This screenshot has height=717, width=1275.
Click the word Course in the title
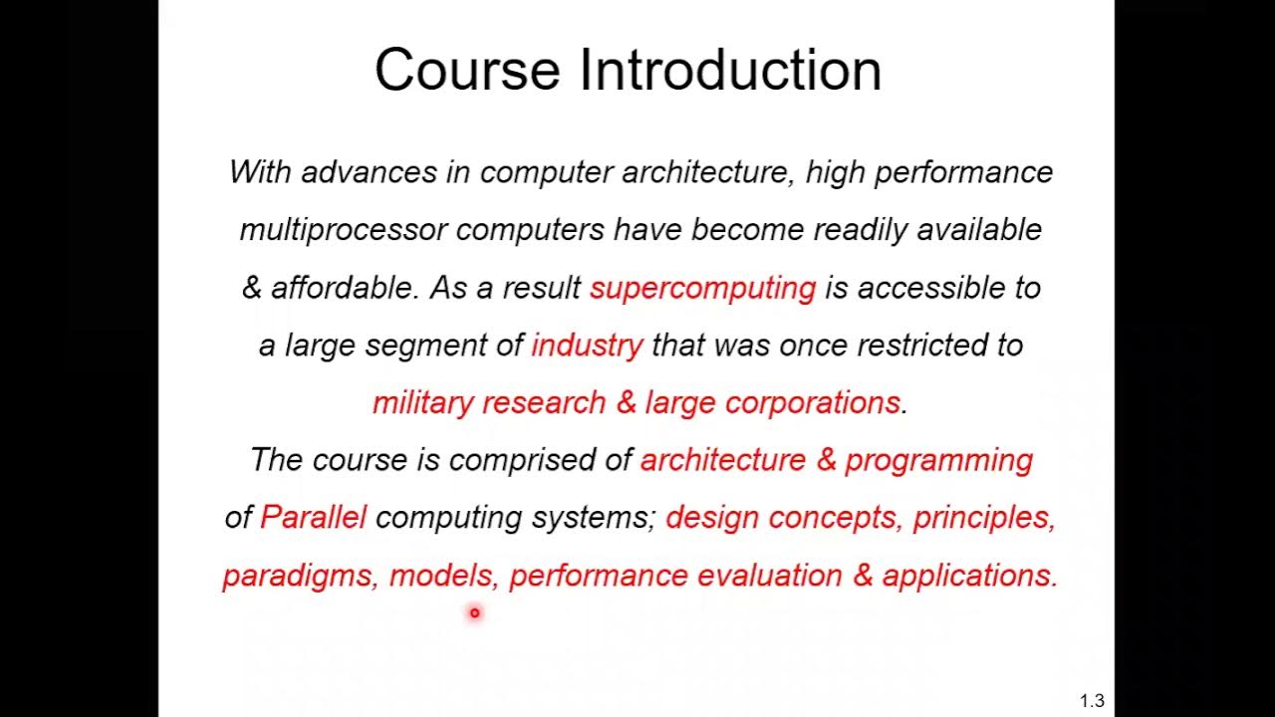coord(466,71)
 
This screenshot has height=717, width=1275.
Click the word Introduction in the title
coord(730,71)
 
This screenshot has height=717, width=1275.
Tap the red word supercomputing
coord(702,288)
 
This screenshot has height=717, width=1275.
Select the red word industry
coord(587,346)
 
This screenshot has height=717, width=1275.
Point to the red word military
coord(422,402)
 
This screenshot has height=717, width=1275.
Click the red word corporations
coord(813,402)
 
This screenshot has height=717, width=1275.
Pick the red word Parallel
coord(313,517)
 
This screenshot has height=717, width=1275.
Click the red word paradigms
coord(296,576)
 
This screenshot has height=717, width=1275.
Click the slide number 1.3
coord(1092,701)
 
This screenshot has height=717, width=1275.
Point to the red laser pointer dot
coord(475,613)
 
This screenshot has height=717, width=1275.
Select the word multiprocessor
coord(343,230)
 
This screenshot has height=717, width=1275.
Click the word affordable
coord(344,288)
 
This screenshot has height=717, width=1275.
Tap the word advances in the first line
coord(369,172)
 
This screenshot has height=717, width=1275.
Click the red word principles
coord(982,518)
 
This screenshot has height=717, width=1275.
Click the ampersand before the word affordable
coord(252,288)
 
